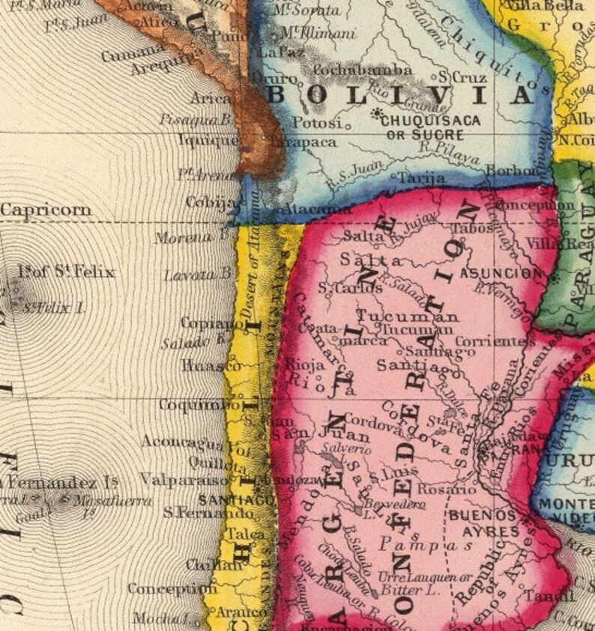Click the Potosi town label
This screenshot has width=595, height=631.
click(316, 122)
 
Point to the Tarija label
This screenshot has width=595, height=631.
click(421, 179)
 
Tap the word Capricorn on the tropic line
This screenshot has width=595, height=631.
click(46, 209)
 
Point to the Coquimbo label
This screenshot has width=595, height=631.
click(193, 404)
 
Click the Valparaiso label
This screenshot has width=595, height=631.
click(184, 479)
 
